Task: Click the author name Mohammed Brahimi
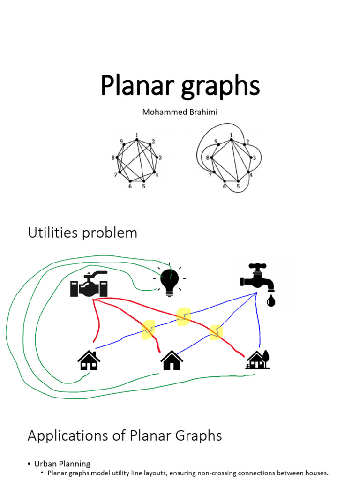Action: (x=180, y=112)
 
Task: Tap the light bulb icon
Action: (x=170, y=280)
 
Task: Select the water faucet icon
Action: (x=256, y=279)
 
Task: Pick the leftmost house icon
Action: (x=89, y=360)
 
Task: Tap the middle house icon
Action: (x=172, y=360)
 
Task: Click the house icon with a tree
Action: (x=257, y=360)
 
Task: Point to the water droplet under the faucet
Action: (x=271, y=300)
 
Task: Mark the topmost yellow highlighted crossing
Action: (x=184, y=317)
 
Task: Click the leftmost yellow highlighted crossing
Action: (x=149, y=330)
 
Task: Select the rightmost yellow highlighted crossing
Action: (x=216, y=332)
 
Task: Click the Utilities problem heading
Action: (x=82, y=232)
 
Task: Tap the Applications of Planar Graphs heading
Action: (x=125, y=435)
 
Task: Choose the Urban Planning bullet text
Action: (x=62, y=464)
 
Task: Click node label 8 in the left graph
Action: (x=113, y=158)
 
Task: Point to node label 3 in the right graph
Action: (x=254, y=157)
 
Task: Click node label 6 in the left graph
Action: (x=130, y=186)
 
